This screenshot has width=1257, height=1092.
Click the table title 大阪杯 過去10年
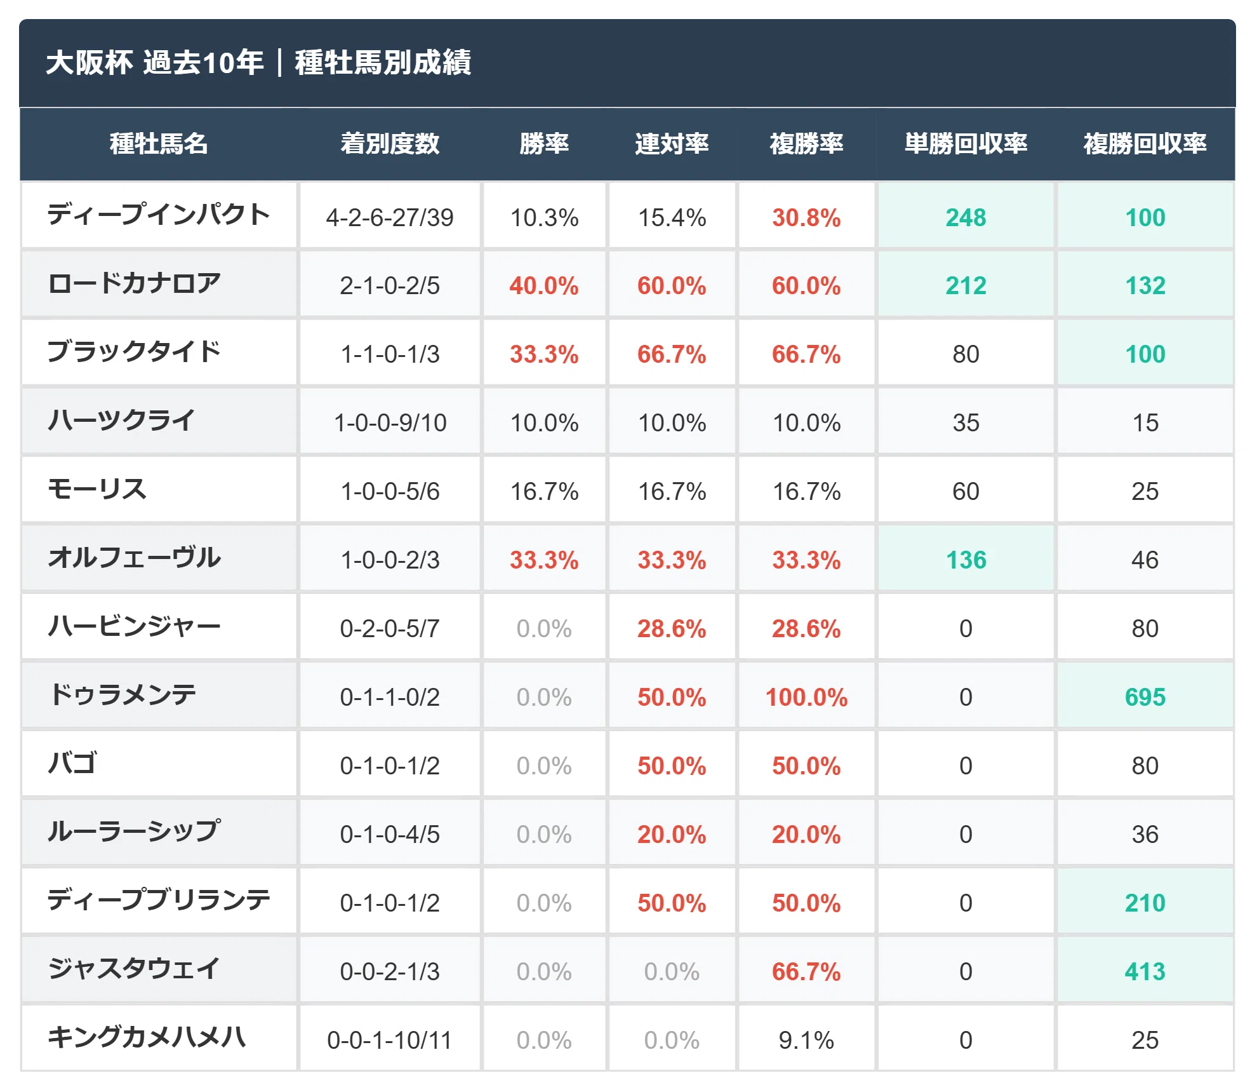coord(154,62)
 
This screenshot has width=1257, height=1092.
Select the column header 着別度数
coord(390,144)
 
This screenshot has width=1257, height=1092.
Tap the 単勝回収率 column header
coord(966,144)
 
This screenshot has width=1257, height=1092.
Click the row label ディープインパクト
coord(159,215)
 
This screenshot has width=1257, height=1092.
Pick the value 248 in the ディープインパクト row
coord(966,218)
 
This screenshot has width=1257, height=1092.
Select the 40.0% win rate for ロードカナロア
coord(544,286)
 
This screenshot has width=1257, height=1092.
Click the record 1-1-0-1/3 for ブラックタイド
coord(390,354)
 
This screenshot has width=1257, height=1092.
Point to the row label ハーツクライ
coord(121,421)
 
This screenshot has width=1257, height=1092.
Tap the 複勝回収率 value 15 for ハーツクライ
coord(1145,423)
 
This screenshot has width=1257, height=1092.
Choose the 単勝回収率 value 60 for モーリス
coord(966,492)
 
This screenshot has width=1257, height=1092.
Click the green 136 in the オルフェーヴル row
coord(966,560)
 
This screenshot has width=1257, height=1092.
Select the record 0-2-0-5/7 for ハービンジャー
coord(390,629)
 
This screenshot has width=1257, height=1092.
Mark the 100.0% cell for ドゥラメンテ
coord(806,698)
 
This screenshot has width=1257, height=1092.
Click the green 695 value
coord(1145,698)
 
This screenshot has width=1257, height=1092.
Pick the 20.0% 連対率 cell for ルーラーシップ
coord(672,835)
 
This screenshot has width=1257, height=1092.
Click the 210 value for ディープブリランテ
coord(1145,903)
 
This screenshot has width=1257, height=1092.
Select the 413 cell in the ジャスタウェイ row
coord(1145,972)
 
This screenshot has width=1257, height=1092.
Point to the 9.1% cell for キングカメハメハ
coord(806,1041)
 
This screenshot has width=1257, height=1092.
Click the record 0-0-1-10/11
coord(390,1041)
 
